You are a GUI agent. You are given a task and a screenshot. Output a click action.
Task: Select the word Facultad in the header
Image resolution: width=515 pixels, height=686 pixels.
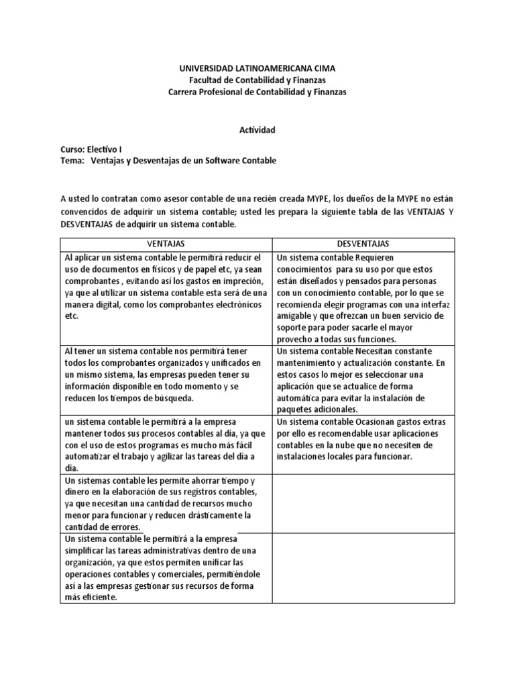207,80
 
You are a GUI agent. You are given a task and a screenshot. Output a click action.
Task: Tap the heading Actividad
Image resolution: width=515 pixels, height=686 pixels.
257,130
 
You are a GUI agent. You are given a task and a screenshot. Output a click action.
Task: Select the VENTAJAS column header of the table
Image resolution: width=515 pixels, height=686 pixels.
166,244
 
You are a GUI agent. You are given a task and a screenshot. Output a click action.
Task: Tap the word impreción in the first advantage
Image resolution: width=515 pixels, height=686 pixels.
247,280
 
